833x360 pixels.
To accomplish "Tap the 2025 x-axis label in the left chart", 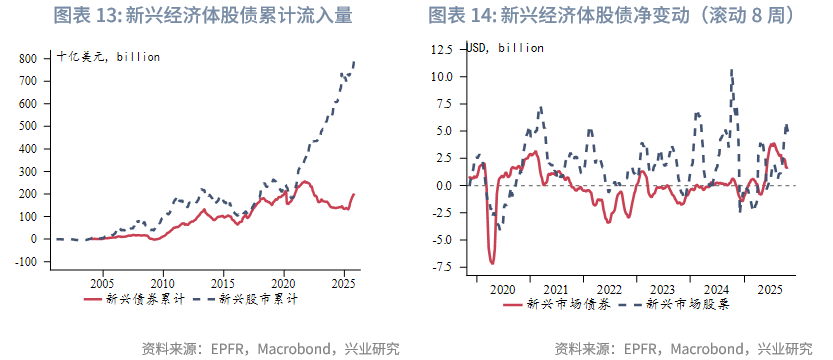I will pyautogui.click(x=345, y=283).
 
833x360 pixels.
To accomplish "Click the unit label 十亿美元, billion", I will pyautogui.click(x=108, y=57).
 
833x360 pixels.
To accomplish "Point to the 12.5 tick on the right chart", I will pyautogui.click(x=441, y=49).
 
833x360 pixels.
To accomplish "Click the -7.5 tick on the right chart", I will pyautogui.click(x=441, y=267).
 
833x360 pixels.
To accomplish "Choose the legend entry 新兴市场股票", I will pyautogui.click(x=689, y=304).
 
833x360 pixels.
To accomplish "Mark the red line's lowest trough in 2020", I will pyautogui.click(x=492, y=263).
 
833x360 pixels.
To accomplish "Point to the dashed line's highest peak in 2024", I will pyautogui.click(x=732, y=70).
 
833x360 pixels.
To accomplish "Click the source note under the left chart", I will pyautogui.click(x=270, y=349).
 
